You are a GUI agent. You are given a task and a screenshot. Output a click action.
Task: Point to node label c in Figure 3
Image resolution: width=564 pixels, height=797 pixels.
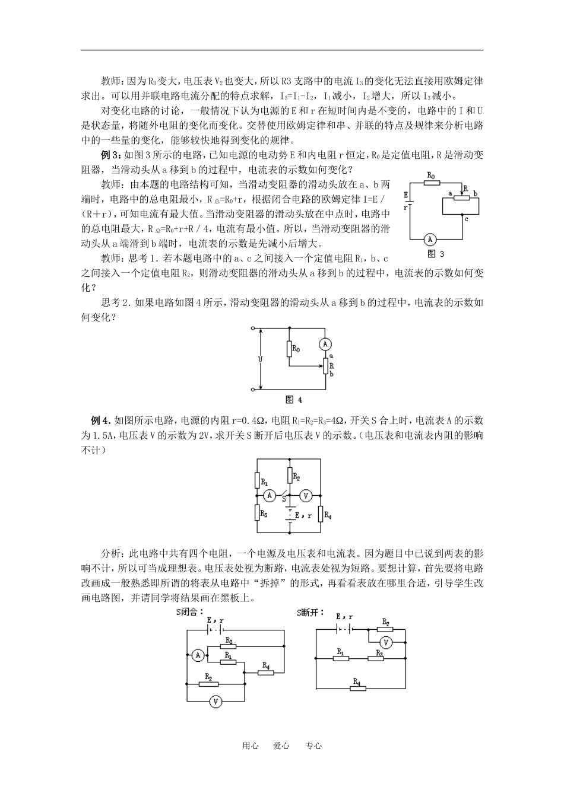point(467,219)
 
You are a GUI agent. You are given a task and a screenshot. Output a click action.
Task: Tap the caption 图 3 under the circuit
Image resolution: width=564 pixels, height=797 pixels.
point(436,254)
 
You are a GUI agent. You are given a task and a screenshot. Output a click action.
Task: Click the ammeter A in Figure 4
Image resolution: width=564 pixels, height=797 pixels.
point(324,344)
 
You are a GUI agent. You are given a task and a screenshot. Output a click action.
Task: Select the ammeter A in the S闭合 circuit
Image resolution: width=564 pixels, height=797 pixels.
point(198,654)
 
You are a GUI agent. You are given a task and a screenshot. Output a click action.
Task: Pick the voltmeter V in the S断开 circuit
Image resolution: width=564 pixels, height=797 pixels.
point(385,642)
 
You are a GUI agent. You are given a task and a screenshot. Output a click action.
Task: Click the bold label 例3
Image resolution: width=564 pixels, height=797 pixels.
point(111,155)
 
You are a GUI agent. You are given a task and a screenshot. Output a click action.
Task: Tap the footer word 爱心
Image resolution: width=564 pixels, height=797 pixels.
point(281,746)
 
